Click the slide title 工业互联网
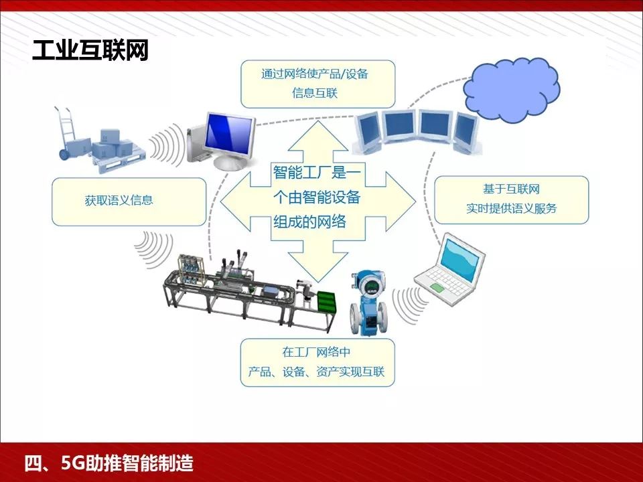coord(90,51)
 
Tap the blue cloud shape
coord(514,92)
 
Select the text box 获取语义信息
coord(129,201)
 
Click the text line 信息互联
coord(315,94)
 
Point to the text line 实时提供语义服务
coord(512,208)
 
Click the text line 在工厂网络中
coord(317,353)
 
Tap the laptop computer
coord(449,271)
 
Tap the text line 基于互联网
coord(511,189)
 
